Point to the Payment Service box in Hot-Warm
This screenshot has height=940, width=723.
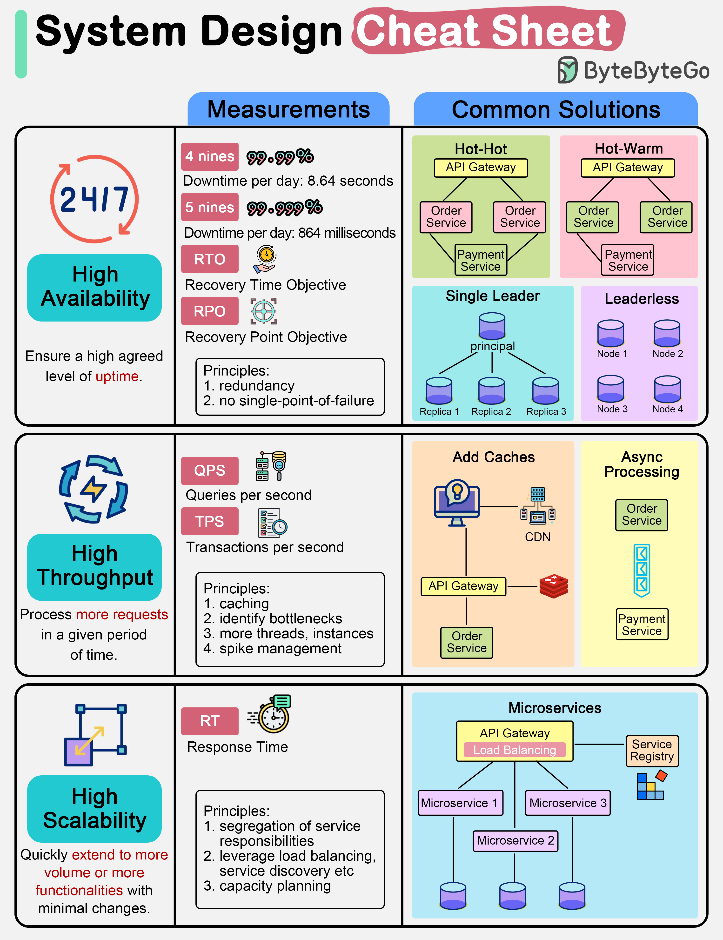(628, 260)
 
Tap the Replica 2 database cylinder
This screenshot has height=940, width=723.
(491, 391)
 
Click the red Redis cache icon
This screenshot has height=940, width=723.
(554, 586)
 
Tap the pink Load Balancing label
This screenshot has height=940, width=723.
(515, 750)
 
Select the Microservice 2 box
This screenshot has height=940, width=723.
(515, 841)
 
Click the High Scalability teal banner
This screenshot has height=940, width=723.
(94, 809)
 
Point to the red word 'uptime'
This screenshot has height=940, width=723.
(117, 376)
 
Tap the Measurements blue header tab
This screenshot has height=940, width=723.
(288, 110)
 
